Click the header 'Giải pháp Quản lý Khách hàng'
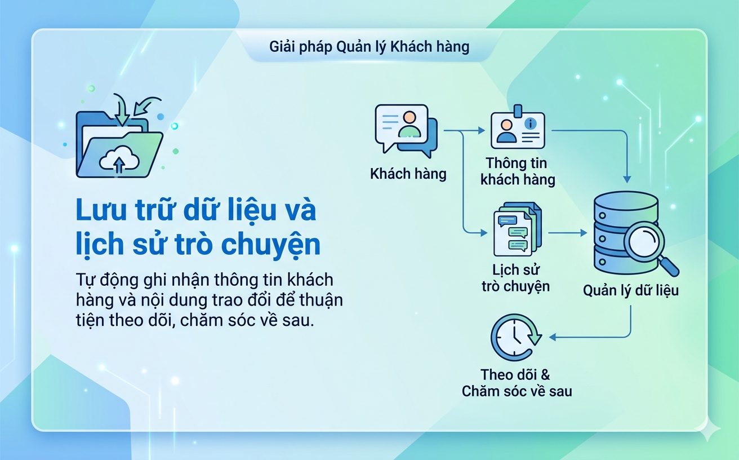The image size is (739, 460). point(369,46)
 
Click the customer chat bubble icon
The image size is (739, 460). point(406,130)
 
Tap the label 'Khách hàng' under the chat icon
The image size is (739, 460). point(408,174)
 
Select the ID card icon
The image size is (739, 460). point(517,130)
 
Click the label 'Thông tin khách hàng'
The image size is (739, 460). point(517,171)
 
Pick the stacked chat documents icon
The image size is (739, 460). point(517,231)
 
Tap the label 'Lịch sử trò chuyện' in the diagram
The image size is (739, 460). point(515,278)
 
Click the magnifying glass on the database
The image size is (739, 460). point(648,244)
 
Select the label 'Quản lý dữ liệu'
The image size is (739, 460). point(631,291)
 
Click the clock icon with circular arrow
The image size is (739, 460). point(515,338)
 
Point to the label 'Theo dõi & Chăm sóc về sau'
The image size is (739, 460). point(517,383)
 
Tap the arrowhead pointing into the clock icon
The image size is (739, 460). point(553,337)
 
